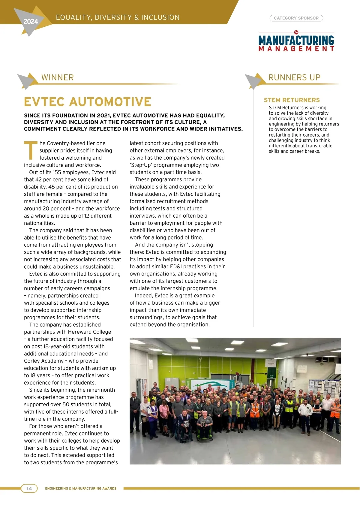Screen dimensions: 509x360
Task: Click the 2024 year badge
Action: coord(31,22)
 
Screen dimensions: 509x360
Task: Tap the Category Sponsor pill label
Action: coord(296,18)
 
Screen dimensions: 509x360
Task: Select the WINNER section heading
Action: coord(58,77)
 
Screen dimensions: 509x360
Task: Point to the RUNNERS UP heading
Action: coord(294,77)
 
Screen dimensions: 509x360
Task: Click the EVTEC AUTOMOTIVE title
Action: coord(88,102)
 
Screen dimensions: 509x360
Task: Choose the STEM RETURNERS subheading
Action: coord(292,100)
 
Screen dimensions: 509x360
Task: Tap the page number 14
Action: coord(29,488)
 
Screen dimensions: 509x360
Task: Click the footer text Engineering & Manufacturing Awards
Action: coord(81,489)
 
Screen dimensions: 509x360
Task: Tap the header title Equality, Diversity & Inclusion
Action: coord(118,18)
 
